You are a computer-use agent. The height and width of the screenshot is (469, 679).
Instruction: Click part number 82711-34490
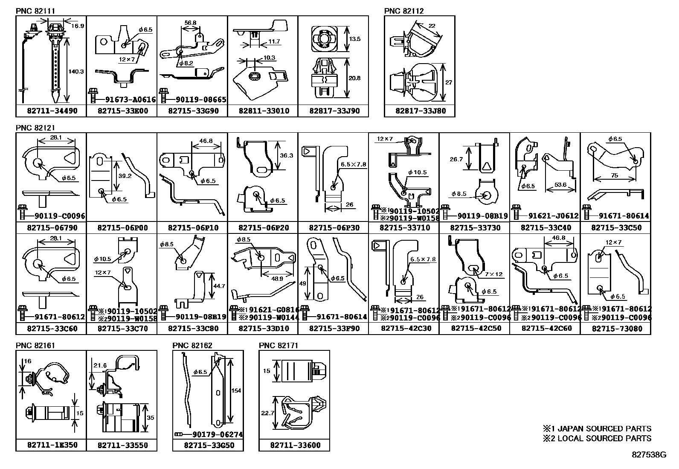coord(52,111)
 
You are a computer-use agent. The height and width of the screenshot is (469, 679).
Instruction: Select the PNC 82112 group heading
coord(404,11)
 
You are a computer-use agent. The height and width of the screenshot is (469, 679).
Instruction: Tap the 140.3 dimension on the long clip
coord(76,72)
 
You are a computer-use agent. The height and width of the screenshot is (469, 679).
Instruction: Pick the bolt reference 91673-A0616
coord(131,99)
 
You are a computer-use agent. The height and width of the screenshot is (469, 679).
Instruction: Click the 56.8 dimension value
coord(190,23)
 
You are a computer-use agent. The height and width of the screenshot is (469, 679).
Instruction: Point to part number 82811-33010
coord(264,111)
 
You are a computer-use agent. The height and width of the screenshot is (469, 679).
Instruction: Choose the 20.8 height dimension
coord(354,78)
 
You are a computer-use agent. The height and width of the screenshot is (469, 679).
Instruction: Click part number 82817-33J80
coord(421,111)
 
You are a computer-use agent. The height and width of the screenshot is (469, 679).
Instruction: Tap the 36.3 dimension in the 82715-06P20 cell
coord(286,156)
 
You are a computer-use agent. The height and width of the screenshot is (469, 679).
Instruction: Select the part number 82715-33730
coord(475,227)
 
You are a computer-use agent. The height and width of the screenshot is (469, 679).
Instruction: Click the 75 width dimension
coord(615,175)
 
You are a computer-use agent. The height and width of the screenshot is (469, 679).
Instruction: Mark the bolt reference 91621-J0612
coord(554,216)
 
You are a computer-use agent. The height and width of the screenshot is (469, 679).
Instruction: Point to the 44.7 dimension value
coord(219,286)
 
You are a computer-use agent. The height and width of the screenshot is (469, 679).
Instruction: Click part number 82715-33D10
coord(264,328)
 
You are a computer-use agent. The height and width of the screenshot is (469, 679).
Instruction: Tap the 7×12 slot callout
coord(493,274)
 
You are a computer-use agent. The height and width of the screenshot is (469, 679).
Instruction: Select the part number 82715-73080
coord(617,328)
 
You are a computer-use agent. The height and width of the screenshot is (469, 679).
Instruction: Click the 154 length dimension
coord(236,391)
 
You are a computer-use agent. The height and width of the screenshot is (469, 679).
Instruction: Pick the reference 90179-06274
coord(218,434)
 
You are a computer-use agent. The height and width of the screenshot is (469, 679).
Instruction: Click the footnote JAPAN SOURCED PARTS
coord(604,428)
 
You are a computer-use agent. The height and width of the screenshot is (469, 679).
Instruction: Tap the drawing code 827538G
coord(649,455)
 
